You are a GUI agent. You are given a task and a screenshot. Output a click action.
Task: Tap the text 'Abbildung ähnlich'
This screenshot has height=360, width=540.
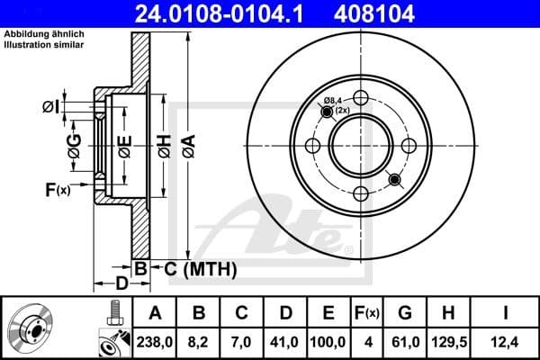tap(44, 34)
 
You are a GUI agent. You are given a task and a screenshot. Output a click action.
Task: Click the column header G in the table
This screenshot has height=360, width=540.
tap(404, 313)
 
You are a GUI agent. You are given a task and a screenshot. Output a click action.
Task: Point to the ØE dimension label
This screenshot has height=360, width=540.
tap(124, 146)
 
